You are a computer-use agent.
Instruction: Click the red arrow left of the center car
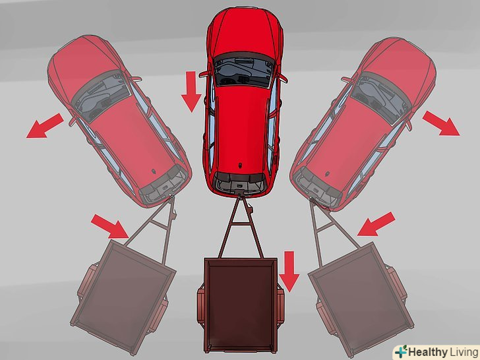(x=192, y=92)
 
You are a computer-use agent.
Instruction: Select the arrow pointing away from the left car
(x=45, y=126)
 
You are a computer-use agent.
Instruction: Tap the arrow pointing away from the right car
(x=441, y=123)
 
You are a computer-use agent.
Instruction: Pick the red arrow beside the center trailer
(x=289, y=271)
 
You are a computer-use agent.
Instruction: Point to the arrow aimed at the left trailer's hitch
(x=110, y=226)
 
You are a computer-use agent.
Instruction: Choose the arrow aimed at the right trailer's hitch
(x=376, y=224)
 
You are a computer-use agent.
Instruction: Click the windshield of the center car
(x=244, y=71)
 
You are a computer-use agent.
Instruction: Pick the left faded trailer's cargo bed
(x=122, y=293)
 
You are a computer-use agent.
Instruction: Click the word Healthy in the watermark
(x=428, y=352)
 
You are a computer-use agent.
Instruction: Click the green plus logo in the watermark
(x=402, y=351)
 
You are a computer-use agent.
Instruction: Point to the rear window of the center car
(x=240, y=183)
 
